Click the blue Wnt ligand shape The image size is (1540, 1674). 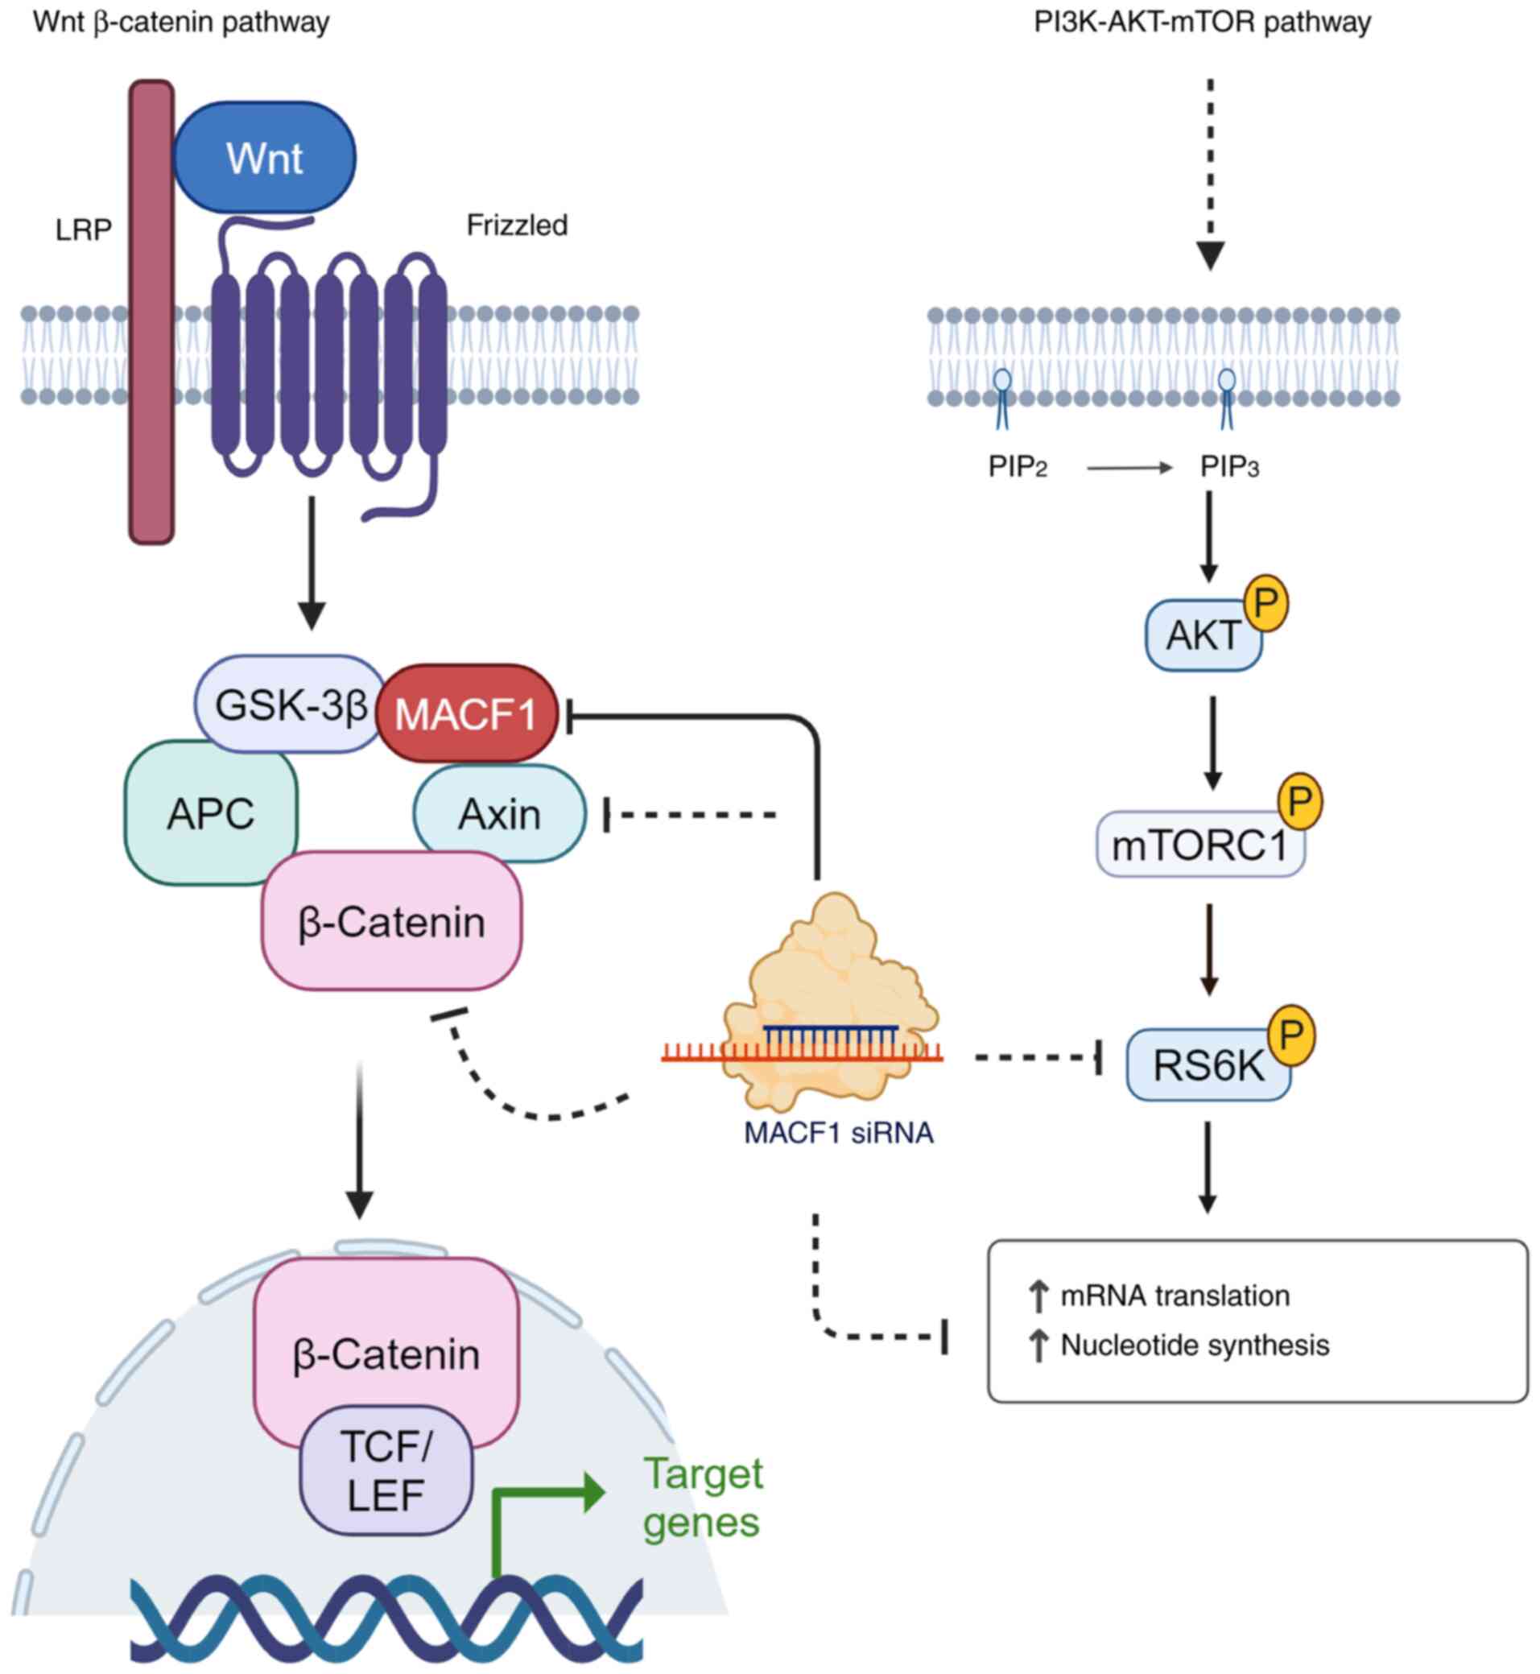click(264, 158)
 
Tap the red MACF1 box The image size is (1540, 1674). click(466, 713)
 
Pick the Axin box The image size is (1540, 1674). click(500, 814)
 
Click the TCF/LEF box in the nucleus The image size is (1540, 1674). click(386, 1470)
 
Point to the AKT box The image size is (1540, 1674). click(1200, 636)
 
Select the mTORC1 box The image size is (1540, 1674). click(1199, 845)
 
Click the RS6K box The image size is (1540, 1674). click(1207, 1065)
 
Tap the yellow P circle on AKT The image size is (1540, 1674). click(1265, 602)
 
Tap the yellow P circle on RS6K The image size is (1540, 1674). click(1290, 1035)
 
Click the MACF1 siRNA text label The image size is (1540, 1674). click(838, 1133)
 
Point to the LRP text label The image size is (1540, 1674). click(84, 230)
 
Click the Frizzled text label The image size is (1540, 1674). click(517, 225)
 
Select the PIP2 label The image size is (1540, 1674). click(1017, 467)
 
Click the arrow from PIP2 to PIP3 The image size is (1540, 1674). click(1129, 469)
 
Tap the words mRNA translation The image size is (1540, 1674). click(1175, 1296)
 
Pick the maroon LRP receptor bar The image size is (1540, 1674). click(151, 312)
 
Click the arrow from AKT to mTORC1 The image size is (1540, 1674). click(1212, 742)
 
